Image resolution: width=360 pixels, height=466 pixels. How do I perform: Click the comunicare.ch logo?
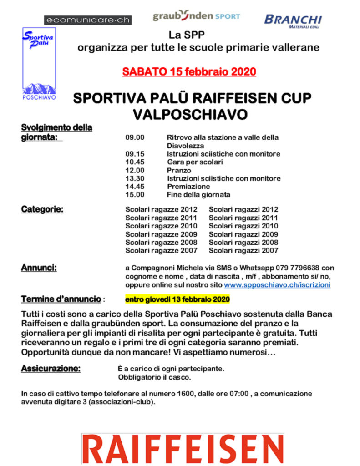[x=87, y=20]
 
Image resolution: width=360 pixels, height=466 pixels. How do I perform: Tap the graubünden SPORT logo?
[x=196, y=16]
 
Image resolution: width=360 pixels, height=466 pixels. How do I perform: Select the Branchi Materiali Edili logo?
[x=293, y=21]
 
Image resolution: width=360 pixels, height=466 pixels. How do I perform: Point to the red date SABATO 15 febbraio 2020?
[x=189, y=71]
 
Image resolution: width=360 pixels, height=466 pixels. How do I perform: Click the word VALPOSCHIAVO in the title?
[x=190, y=115]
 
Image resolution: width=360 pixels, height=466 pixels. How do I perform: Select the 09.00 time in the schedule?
[x=135, y=137]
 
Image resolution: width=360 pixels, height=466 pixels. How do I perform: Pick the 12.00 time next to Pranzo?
[x=135, y=170]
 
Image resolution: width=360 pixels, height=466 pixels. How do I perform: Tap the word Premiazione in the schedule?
[x=188, y=187]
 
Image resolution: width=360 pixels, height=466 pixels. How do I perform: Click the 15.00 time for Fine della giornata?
[x=135, y=195]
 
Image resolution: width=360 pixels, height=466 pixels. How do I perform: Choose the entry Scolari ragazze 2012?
[x=161, y=210]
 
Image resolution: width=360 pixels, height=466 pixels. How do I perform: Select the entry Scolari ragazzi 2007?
[x=243, y=250]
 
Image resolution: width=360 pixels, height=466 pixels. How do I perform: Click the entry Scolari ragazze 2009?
[x=161, y=234]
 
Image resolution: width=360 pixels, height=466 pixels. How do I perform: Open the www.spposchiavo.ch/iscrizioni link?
[x=277, y=285]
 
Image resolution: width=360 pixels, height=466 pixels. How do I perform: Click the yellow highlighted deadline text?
[x=177, y=299]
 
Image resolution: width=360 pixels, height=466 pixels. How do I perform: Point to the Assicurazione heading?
[x=51, y=369]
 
